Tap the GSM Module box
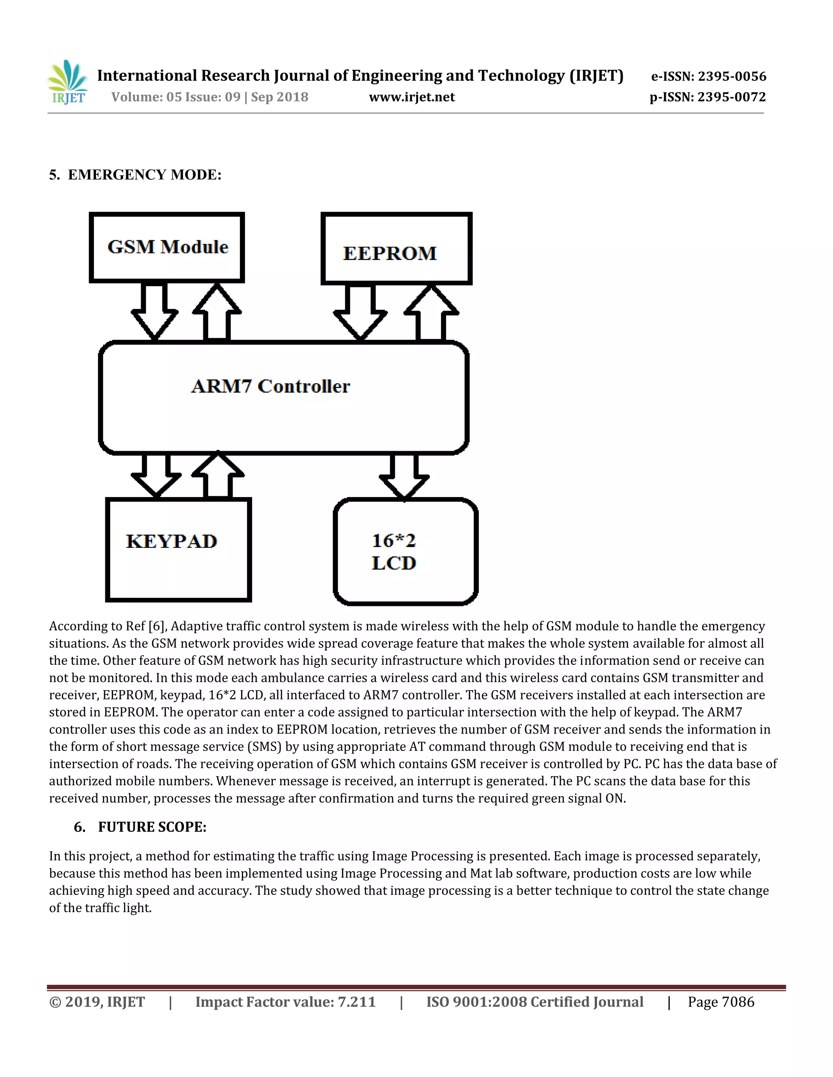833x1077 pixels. pos(167,248)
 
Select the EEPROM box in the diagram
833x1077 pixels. pos(396,249)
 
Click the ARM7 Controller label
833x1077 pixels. pos(270,386)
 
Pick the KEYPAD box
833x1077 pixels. pos(178,549)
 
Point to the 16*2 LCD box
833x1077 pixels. pos(405,552)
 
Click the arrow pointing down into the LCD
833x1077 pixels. pos(404,476)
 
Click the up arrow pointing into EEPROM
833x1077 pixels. pos(431,313)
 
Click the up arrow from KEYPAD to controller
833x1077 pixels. pos(218,474)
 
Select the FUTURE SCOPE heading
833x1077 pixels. pos(152,827)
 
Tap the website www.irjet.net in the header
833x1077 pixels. pos(412,97)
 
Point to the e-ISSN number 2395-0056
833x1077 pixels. pos(732,76)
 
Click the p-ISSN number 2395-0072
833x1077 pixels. pos(731,97)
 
